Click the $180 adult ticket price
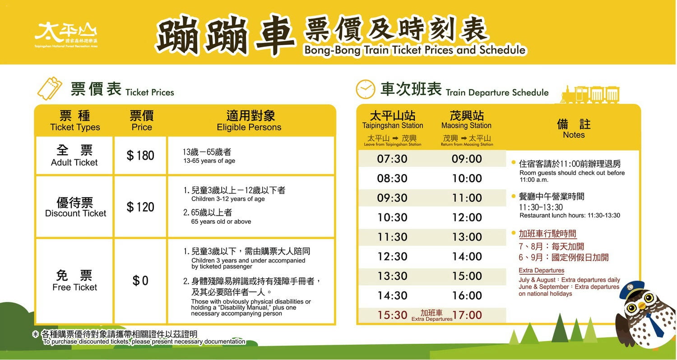click(140, 156)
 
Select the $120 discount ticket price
click(140, 207)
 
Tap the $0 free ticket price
click(140, 281)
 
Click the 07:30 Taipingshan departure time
click(392, 159)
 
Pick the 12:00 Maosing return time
click(467, 217)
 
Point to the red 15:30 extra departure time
click(392, 315)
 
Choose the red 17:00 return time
click(467, 315)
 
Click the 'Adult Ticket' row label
click(74, 162)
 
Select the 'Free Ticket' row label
click(74, 287)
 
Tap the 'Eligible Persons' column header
click(249, 127)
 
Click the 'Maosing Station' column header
click(466, 125)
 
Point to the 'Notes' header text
click(574, 135)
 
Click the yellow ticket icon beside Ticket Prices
click(50, 88)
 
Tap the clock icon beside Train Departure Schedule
click(366, 89)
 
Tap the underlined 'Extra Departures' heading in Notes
click(541, 270)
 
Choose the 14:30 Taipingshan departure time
click(392, 295)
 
